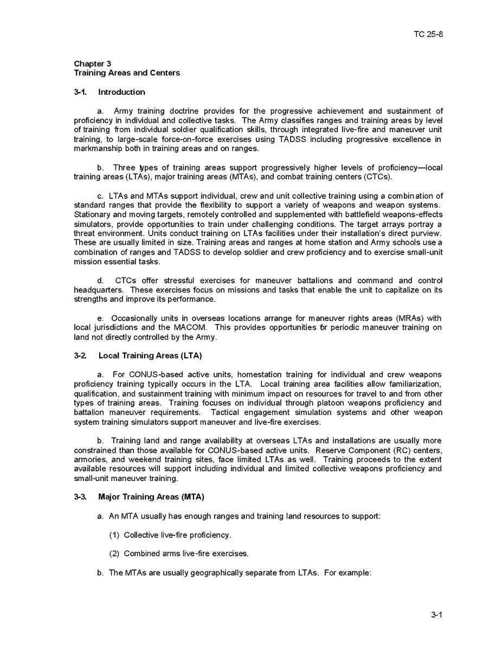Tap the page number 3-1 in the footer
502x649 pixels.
[x=437, y=614]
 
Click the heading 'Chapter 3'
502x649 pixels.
[x=93, y=63]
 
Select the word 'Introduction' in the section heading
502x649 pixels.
[x=121, y=92]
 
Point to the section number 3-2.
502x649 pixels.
[x=81, y=355]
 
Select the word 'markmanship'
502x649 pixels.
[x=95, y=149]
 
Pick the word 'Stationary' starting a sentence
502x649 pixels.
[x=92, y=215]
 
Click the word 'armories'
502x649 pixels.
[x=90, y=459]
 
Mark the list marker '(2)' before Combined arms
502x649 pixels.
[x=114, y=554]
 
